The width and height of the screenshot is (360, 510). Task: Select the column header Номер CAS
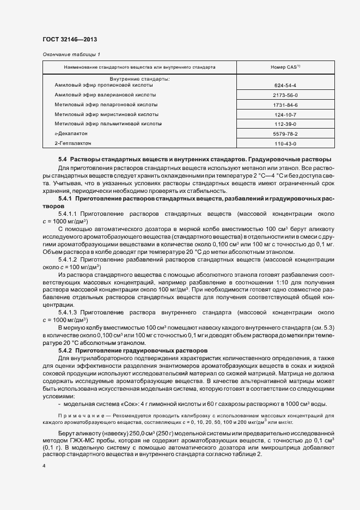click(285, 67)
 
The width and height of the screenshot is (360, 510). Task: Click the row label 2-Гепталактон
click(73, 143)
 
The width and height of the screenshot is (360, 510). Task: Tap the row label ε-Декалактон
click(71, 133)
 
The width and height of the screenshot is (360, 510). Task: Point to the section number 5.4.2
click(65, 350)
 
